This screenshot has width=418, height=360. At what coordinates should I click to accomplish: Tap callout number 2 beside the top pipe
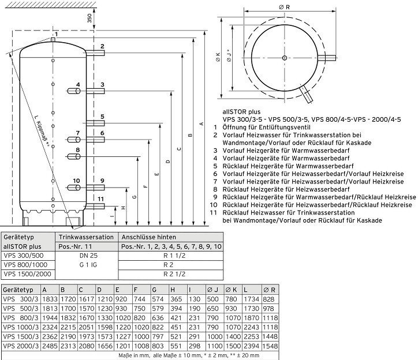[x=102, y=46]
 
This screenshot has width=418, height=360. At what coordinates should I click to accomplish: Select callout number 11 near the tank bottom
[x=101, y=199]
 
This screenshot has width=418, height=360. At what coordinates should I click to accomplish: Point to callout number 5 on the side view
[x=102, y=117]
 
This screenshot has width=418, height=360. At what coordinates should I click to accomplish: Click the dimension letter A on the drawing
[x=201, y=123]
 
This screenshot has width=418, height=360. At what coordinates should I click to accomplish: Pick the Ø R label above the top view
[x=284, y=6]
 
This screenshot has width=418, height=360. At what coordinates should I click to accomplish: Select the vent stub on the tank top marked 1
[x=53, y=40]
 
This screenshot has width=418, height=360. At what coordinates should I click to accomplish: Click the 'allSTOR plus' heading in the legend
[x=239, y=111]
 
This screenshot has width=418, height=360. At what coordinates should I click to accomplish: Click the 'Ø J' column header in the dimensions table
[x=213, y=289]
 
